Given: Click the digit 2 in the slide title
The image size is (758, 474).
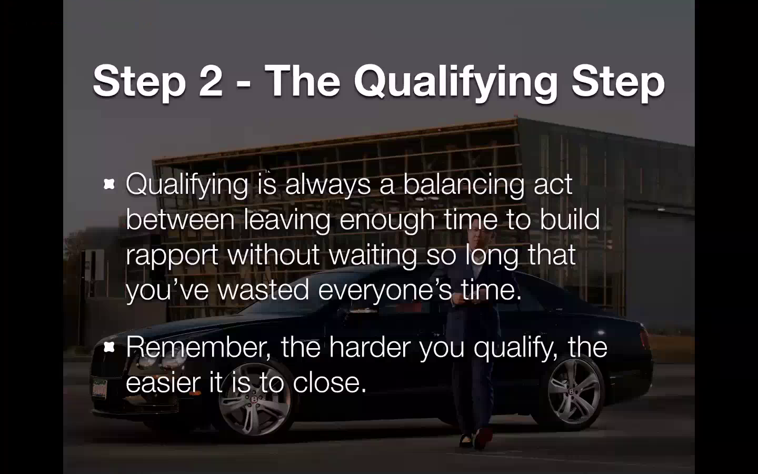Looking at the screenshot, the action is [211, 81].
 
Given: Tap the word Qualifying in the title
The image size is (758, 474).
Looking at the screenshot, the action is [455, 83].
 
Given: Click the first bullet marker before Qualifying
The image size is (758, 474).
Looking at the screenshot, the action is [109, 184].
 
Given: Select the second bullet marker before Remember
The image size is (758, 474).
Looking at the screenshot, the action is [109, 347].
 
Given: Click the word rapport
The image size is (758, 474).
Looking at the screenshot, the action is [172, 256].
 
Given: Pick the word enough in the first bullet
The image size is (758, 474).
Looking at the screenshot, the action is [387, 221].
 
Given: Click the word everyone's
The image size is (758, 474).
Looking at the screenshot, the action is [385, 291].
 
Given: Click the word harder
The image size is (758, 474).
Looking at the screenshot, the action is [370, 347].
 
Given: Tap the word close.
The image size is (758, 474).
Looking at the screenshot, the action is [330, 382].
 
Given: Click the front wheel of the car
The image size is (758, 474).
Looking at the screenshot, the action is [254, 400].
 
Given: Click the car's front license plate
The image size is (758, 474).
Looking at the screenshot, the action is [99, 388].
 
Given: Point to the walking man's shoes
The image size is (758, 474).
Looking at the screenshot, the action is [476, 439].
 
